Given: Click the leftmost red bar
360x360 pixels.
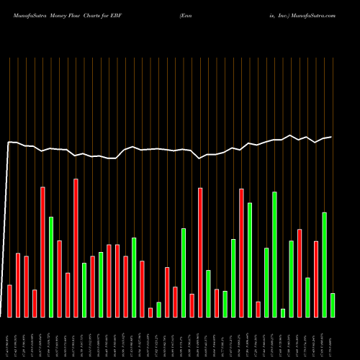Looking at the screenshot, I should pos(9,301).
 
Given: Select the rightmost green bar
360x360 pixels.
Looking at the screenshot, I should pos(333,305).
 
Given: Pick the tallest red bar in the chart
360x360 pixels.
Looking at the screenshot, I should pos(76,248).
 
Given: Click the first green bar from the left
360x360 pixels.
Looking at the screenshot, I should pos(51,266).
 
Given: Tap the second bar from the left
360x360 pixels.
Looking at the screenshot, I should pos(18,285).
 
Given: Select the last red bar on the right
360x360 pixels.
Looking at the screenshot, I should pos(316,279).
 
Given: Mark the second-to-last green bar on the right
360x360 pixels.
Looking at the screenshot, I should pos(324,264).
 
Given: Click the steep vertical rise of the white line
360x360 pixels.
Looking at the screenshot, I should pos(7,230).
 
